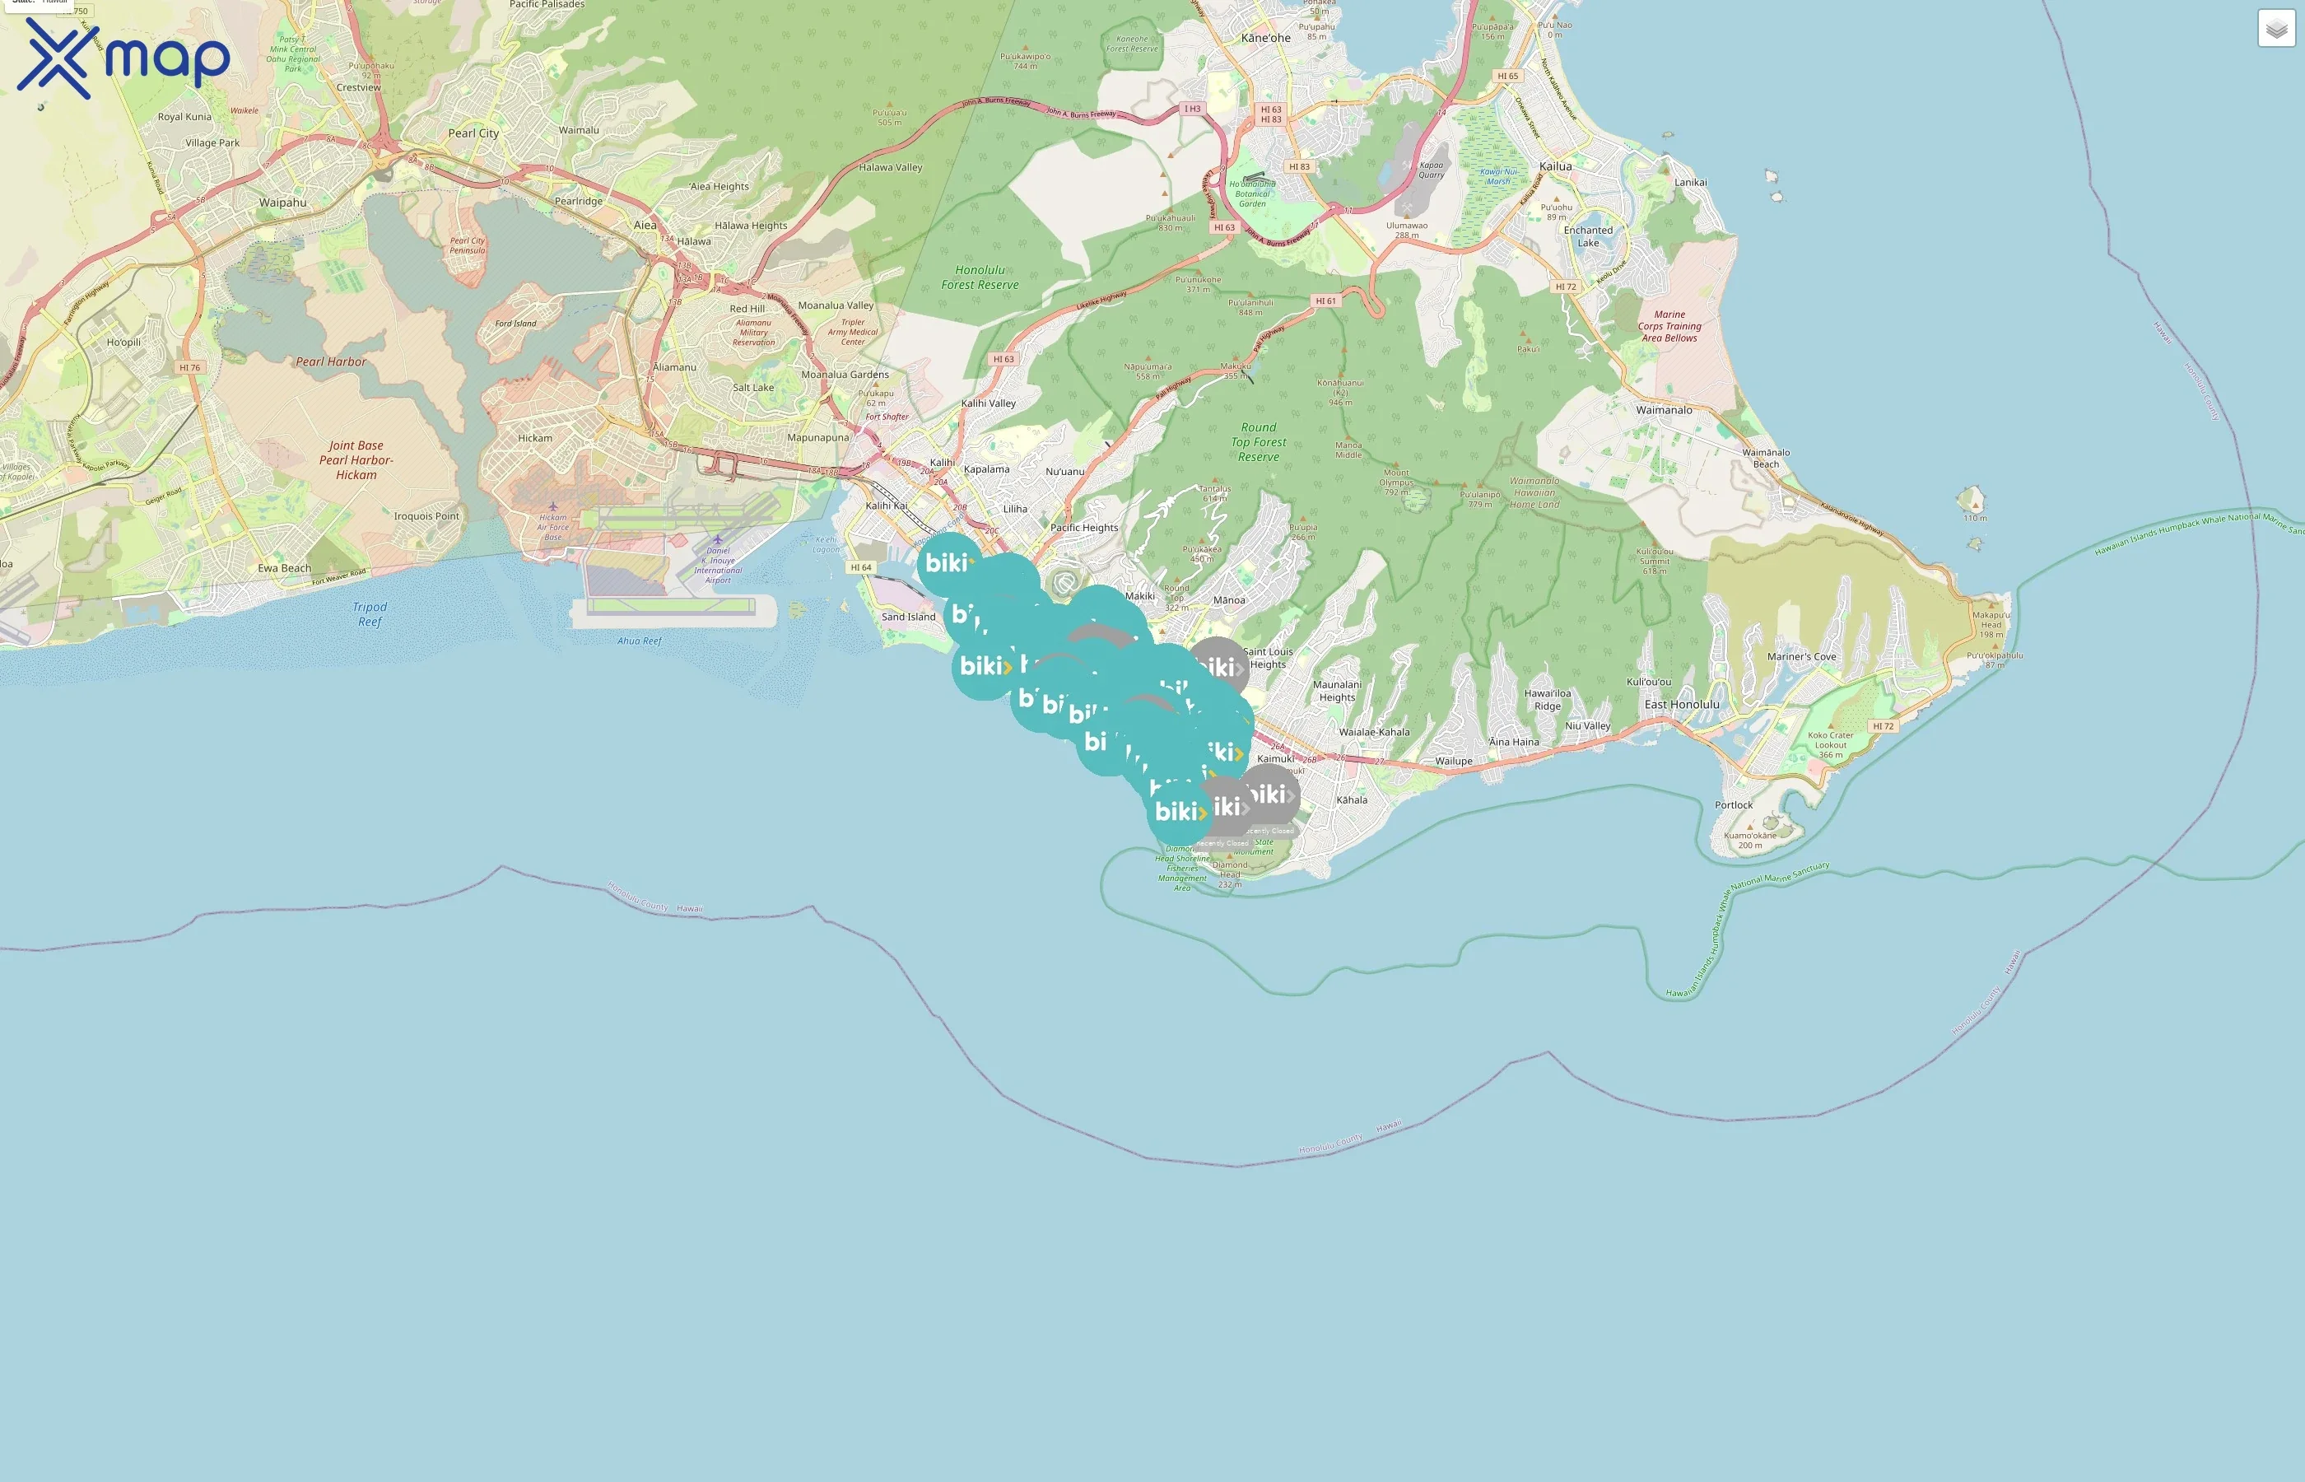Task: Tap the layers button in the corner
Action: (2275, 29)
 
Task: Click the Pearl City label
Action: (473, 133)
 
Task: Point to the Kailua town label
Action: (1554, 166)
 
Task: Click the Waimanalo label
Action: (1664, 410)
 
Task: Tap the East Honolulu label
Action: (1681, 705)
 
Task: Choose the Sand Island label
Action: (907, 617)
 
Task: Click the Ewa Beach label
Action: (284, 568)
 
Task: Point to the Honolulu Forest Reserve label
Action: (980, 277)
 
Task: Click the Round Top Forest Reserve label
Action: (1259, 441)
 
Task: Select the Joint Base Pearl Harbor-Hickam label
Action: (356, 460)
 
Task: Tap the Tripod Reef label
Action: (370, 614)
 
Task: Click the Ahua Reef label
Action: (639, 641)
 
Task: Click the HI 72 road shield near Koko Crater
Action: (1883, 725)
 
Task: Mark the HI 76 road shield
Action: (189, 367)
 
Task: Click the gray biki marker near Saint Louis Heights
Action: (1218, 667)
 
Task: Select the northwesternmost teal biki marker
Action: (948, 564)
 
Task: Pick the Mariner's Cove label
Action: (1801, 657)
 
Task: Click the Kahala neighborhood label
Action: (1351, 799)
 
